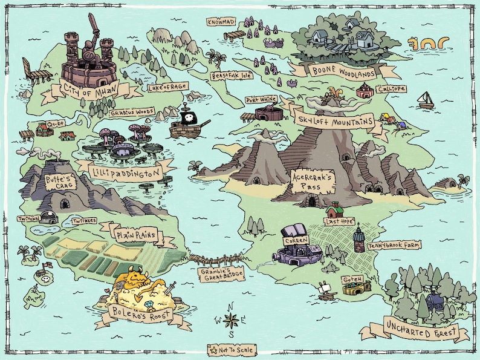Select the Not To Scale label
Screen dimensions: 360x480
(232, 350)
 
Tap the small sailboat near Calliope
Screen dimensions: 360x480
(426, 101)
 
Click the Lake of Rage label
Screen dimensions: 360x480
(168, 87)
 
